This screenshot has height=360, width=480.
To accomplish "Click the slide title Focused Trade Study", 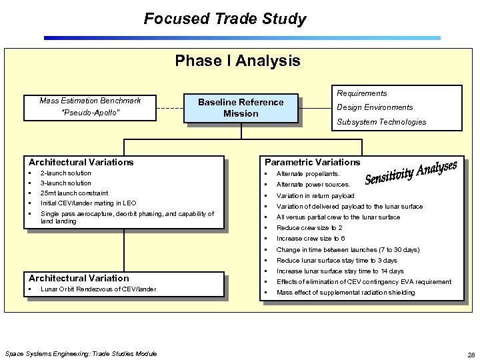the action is (x=225, y=19).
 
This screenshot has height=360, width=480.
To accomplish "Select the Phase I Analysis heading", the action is (x=237, y=61).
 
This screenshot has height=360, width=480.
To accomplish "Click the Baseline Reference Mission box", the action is (x=241, y=108).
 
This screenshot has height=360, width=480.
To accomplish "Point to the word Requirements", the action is (x=361, y=93).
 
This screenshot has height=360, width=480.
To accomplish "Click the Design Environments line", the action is (x=375, y=107).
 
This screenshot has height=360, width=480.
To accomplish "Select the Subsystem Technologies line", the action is (x=381, y=122).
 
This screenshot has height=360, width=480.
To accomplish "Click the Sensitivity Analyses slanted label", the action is (x=411, y=172).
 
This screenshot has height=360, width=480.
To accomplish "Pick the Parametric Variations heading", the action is (x=312, y=162).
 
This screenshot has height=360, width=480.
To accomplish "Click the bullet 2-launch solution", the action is (x=66, y=173).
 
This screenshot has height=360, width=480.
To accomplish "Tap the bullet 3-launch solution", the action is (x=66, y=183).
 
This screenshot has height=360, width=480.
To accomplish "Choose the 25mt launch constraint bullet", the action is (x=74, y=193).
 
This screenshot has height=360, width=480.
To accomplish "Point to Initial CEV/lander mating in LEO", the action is (x=88, y=203).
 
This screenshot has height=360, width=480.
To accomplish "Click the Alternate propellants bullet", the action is (x=308, y=173).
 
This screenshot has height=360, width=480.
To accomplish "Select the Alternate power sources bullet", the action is (x=313, y=185).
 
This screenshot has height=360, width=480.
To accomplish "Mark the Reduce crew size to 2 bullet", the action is (x=309, y=228).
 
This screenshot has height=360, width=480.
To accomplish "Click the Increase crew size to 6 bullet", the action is (x=311, y=239).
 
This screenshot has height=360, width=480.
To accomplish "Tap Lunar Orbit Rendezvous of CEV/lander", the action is (x=98, y=289).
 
